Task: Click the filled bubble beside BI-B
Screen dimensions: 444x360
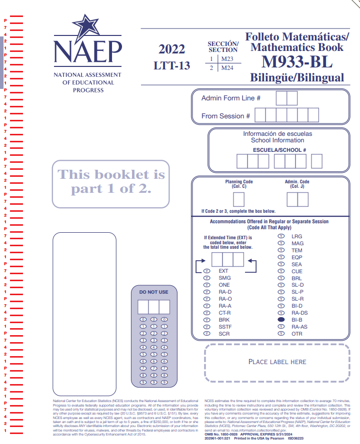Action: point(281,320)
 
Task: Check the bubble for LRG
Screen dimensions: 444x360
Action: point(281,236)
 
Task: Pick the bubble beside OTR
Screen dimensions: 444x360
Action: point(281,334)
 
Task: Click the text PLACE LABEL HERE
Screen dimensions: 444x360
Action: point(277,362)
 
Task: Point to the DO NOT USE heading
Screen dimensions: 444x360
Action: point(153,292)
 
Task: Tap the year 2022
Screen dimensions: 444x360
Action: point(171,49)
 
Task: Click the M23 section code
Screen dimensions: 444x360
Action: point(227,59)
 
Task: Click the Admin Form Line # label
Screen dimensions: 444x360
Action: point(230,98)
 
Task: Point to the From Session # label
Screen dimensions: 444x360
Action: point(225,116)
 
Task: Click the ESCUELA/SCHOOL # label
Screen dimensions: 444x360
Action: point(279,150)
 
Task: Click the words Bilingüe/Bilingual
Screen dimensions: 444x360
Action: point(297,78)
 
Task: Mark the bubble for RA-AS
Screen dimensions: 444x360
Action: point(281,327)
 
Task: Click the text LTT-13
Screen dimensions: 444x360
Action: point(171,65)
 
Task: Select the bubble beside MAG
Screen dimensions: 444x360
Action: point(281,243)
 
